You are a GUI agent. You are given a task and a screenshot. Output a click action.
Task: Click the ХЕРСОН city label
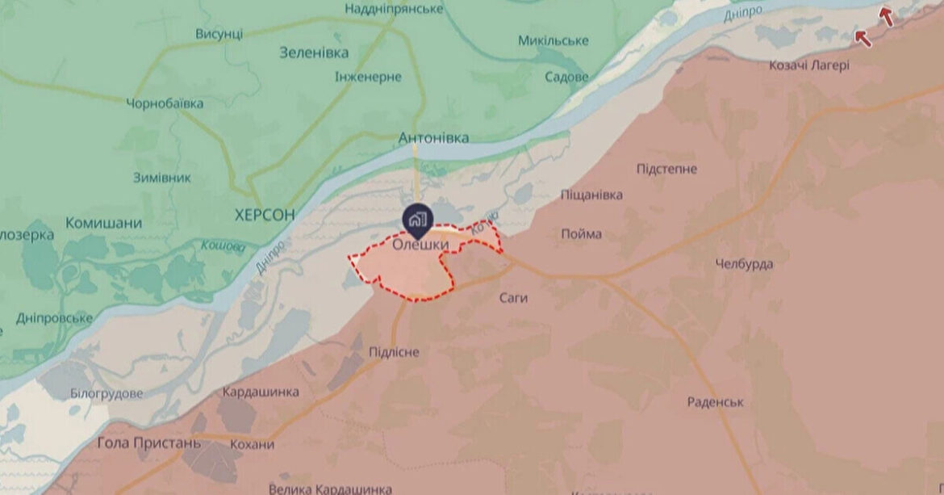click(x=264, y=215)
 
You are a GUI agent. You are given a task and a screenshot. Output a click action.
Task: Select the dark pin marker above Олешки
click(x=418, y=218)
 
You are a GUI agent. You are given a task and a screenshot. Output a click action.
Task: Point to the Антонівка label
click(x=433, y=138)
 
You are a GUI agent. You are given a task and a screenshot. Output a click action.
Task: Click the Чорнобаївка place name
click(x=165, y=103)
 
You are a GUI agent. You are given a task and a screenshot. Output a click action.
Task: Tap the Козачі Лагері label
click(x=809, y=65)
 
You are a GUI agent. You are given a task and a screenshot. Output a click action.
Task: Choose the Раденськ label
click(x=716, y=401)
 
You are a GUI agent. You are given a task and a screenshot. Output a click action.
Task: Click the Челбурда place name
click(x=744, y=264)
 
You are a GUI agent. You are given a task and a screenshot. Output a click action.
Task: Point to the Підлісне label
click(x=394, y=352)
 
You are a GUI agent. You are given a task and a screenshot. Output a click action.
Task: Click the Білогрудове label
click(x=107, y=393)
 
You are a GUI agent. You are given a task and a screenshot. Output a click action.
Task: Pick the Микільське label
click(x=553, y=40)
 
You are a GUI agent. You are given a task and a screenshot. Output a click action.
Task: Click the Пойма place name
click(x=581, y=234)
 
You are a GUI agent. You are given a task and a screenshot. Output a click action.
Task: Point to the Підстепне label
click(x=666, y=169)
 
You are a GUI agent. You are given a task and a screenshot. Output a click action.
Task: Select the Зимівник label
click(x=162, y=178)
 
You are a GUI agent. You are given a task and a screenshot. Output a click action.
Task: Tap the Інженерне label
click(x=368, y=76)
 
